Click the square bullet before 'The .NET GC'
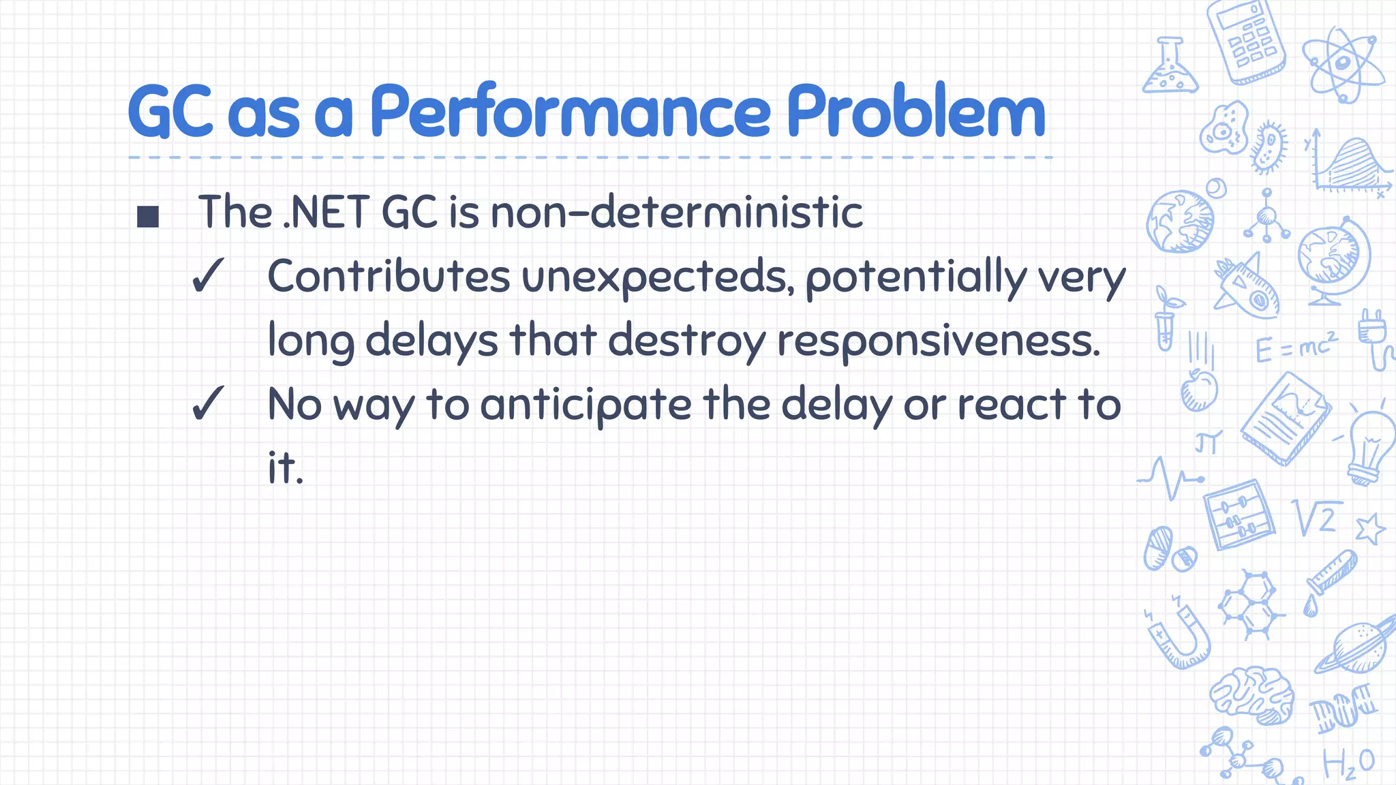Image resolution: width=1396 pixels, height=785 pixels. pyautogui.click(x=148, y=217)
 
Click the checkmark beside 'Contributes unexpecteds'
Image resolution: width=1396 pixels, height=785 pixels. pyautogui.click(x=207, y=276)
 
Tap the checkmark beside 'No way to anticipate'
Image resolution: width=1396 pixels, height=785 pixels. pyautogui.click(x=207, y=403)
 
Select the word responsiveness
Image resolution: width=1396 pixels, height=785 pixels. pyautogui.click(x=938, y=340)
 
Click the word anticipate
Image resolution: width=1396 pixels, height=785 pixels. pyautogui.click(x=586, y=405)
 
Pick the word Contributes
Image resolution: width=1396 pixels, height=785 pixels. pyautogui.click(x=389, y=276)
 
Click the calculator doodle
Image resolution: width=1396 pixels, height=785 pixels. pyautogui.click(x=1245, y=41)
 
